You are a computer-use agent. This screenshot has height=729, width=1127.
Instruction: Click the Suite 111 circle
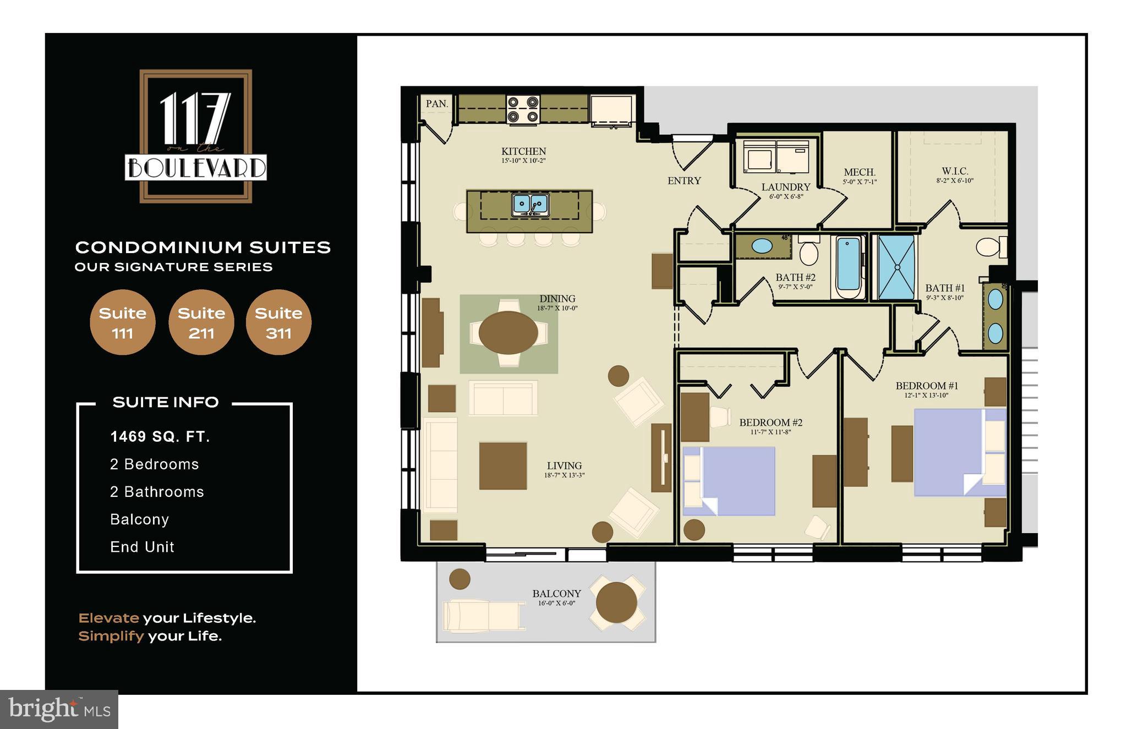click(x=122, y=322)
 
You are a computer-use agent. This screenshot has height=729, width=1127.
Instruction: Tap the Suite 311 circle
click(x=278, y=322)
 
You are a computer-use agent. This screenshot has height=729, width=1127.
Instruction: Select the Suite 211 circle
click(x=201, y=322)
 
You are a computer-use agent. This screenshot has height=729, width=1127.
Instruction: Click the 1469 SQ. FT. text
click(x=160, y=437)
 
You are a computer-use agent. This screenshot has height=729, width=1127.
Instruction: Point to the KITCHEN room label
click(x=523, y=152)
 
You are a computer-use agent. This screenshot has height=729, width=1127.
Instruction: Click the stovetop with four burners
click(x=523, y=109)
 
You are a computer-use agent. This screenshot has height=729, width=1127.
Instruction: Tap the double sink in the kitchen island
click(x=530, y=204)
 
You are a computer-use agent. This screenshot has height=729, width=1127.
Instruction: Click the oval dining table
click(x=508, y=332)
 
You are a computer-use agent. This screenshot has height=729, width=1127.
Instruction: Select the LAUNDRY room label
click(x=785, y=188)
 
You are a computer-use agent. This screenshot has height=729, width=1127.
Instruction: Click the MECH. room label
click(x=859, y=173)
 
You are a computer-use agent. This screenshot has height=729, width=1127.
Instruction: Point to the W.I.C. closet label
click(x=955, y=172)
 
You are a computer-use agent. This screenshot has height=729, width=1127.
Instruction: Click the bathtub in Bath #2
click(x=848, y=267)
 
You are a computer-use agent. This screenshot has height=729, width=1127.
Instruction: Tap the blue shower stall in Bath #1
click(x=896, y=267)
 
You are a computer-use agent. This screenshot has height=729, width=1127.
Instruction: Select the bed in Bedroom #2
click(x=729, y=481)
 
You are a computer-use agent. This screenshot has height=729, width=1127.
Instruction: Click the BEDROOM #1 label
click(x=927, y=386)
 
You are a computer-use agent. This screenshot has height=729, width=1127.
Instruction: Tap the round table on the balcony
click(x=616, y=602)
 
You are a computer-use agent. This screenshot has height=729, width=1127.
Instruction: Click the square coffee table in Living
click(x=502, y=465)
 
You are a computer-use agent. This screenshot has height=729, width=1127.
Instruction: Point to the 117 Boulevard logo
click(x=196, y=136)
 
